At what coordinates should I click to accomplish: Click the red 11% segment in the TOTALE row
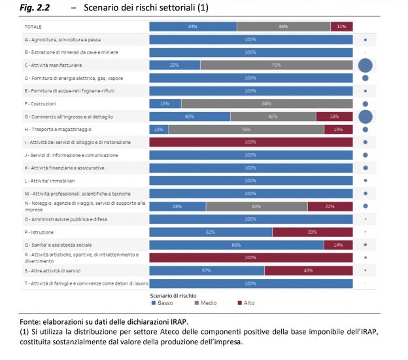coord(341,26)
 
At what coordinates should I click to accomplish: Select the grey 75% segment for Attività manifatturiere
coord(276,65)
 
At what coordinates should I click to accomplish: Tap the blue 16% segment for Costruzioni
coord(165,103)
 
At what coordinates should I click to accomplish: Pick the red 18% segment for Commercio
coord(334,117)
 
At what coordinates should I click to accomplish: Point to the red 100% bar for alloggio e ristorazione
coord(250,142)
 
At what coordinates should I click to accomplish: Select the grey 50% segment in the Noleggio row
coord(257,206)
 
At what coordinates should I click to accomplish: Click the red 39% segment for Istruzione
coord(312,232)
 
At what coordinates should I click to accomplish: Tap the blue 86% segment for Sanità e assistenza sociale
coord(237,245)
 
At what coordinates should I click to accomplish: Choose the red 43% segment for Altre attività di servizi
coord(308,270)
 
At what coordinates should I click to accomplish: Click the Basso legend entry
coord(161,303)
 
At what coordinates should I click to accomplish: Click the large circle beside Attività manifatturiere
coord(365,65)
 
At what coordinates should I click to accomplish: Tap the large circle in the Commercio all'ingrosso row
coord(365,117)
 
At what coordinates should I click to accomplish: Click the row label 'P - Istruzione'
coord(39,232)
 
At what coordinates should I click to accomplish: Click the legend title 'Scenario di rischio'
coord(173,295)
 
